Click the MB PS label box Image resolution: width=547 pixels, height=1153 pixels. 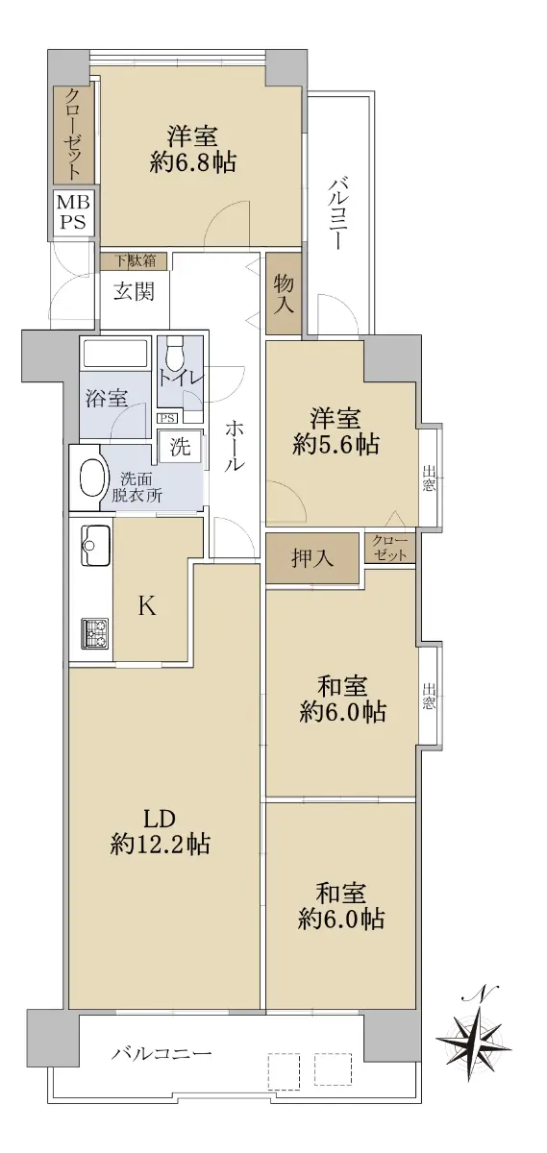click(x=74, y=211)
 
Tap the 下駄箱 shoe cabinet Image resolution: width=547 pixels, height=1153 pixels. click(x=134, y=260)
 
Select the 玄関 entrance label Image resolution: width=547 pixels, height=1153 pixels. click(x=134, y=292)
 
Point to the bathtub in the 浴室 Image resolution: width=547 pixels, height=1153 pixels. click(x=114, y=355)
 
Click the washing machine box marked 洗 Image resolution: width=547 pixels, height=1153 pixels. click(x=181, y=446)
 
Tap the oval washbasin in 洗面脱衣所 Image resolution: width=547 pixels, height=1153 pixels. click(x=94, y=478)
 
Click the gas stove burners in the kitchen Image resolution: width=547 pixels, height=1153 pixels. click(x=95, y=633)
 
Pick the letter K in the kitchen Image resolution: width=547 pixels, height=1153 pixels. click(x=147, y=607)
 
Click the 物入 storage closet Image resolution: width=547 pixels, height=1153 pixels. click(x=284, y=293)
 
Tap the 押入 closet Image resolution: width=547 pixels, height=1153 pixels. click(x=312, y=558)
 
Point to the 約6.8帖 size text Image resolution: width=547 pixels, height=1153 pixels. click(x=193, y=163)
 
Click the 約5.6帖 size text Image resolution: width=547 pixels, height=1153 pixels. click(x=336, y=444)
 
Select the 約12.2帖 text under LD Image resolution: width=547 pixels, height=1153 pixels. click(x=160, y=845)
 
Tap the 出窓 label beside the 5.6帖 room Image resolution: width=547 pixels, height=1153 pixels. click(x=429, y=478)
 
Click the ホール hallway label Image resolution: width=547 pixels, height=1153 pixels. click(x=235, y=446)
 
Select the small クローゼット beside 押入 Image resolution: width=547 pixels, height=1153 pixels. click(x=389, y=548)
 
